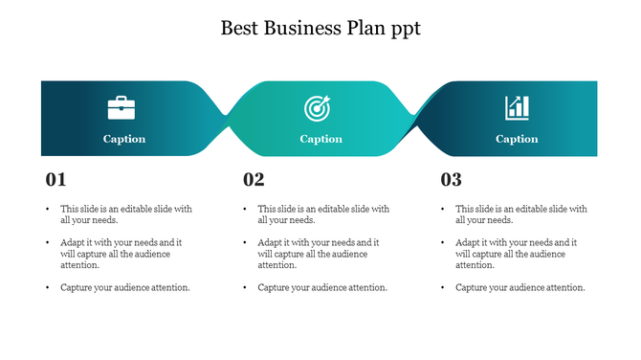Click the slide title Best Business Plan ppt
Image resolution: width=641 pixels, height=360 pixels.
coord(320,28)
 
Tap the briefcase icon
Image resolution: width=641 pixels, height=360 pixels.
coord(121,107)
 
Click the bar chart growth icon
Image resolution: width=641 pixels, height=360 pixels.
coord(517,107)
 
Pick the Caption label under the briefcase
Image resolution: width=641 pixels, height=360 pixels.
coord(124,139)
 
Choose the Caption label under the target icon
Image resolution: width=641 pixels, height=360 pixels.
coord(320,139)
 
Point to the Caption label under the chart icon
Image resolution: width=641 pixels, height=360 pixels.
coord(517,139)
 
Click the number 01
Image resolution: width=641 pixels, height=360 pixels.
coord(56,179)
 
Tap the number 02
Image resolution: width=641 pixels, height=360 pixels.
coord(254,179)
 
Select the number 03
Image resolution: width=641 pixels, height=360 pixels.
coord(451,179)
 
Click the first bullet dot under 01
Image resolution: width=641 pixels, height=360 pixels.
coord(47,209)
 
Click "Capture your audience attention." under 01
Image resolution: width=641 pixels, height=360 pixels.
coord(125,287)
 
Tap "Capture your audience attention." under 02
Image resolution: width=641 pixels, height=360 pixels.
coord(322,287)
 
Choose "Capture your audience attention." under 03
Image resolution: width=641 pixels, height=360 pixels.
coord(520,287)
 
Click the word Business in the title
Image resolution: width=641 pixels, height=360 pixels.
coord(294,28)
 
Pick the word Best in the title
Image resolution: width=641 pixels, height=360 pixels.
coord(239,28)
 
